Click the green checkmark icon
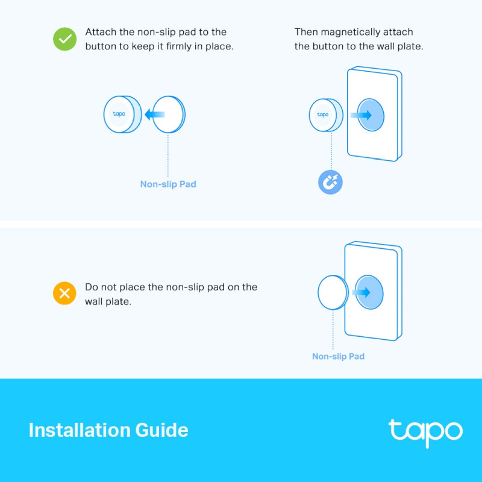(64, 39)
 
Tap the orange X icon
(64, 293)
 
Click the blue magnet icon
(330, 182)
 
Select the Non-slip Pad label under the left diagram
(168, 184)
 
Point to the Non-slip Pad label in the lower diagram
(339, 356)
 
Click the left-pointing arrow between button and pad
(155, 114)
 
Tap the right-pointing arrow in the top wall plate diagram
(361, 115)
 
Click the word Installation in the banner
(79, 430)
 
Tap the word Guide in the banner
(161, 430)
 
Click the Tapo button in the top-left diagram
(123, 114)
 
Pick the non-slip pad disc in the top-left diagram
(169, 114)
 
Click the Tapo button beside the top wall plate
(326, 115)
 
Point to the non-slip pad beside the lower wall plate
(333, 292)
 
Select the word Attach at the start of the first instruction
(101, 32)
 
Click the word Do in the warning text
(92, 287)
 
